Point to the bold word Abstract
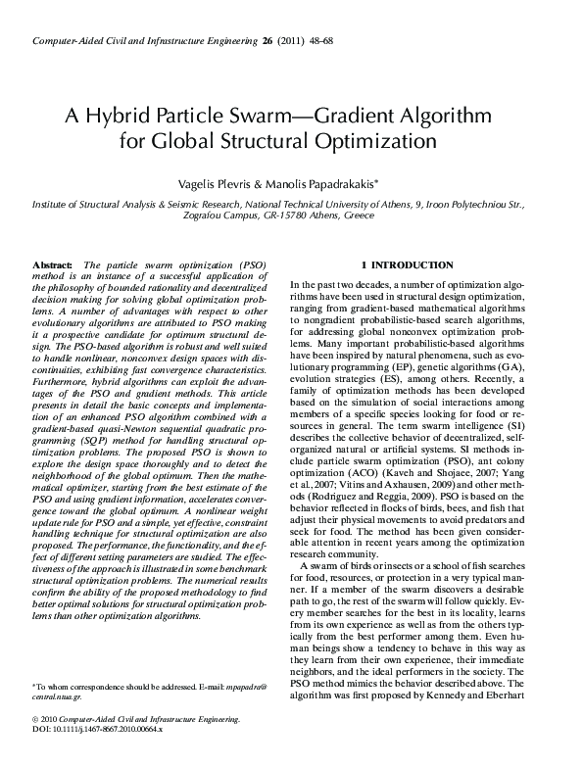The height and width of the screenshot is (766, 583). pos(53,266)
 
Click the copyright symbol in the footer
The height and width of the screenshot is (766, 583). pos(36,747)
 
